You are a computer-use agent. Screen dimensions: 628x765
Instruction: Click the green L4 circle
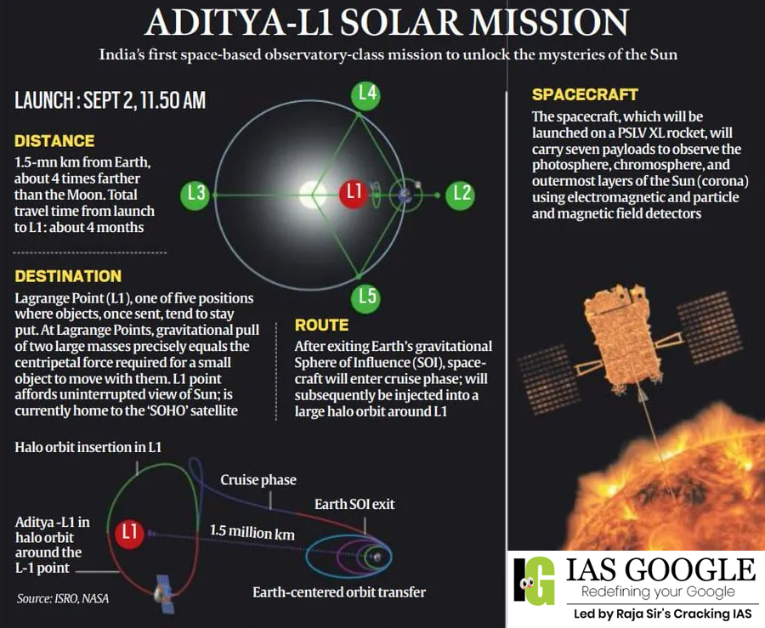coord(366,94)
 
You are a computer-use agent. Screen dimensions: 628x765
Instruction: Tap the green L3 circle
coord(196,194)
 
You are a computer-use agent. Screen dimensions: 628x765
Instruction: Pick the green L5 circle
coord(366,297)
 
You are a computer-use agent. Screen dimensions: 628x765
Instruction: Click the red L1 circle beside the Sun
coord(352,194)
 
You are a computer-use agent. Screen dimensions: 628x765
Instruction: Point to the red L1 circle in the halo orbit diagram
coord(129,533)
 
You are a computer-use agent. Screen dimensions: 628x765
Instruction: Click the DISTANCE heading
coord(54,141)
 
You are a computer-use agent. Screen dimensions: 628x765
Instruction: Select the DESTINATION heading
coord(68,276)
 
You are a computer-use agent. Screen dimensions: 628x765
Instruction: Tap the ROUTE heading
coord(321,325)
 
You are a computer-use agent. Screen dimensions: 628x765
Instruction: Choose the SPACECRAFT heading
coord(585,94)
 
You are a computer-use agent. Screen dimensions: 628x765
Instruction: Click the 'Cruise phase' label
coord(258,480)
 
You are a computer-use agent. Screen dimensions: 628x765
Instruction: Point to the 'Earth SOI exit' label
coord(354,504)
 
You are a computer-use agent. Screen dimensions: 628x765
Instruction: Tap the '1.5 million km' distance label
coord(252,532)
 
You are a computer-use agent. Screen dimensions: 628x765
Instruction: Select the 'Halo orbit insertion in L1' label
coord(88,447)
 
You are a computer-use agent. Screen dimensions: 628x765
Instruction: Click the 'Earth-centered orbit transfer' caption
coord(339,591)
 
